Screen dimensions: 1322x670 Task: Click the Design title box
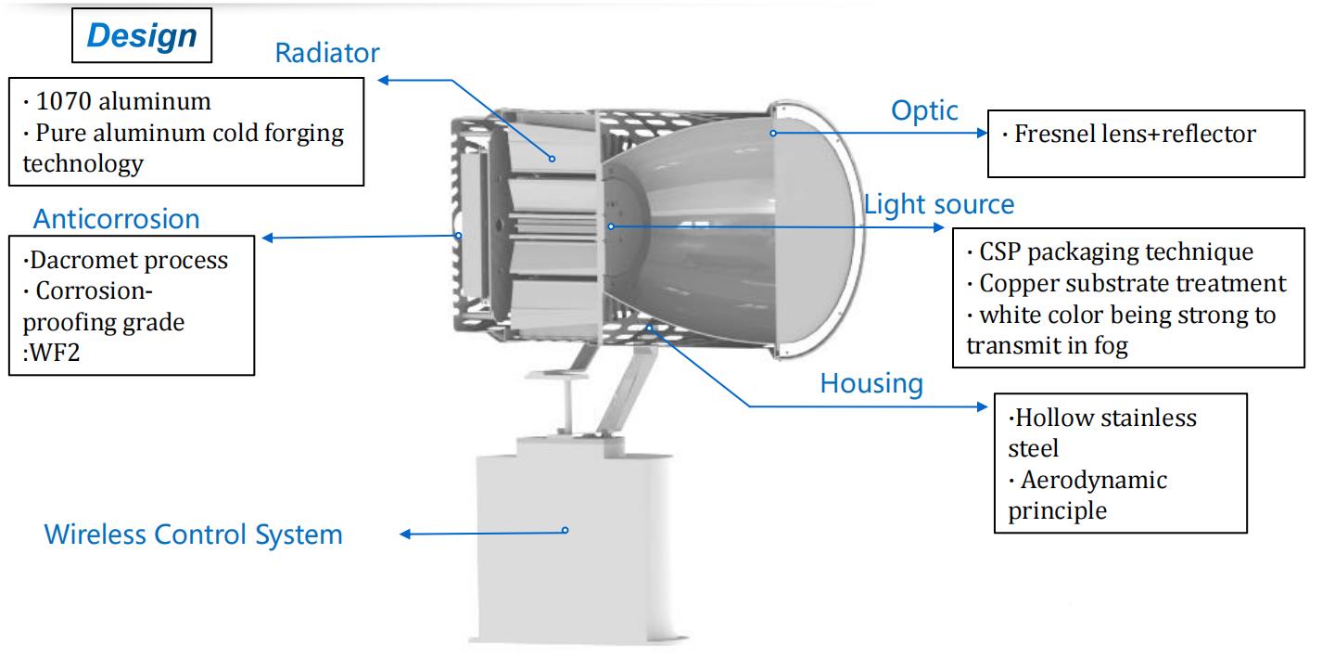(x=142, y=35)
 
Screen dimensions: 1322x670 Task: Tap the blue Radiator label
(x=327, y=53)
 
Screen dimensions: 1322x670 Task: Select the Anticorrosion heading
(x=116, y=219)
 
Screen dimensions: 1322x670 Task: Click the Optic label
(x=924, y=111)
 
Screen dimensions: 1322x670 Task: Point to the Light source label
(x=939, y=204)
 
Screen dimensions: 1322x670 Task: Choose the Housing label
(x=871, y=383)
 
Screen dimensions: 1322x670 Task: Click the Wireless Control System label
(x=194, y=535)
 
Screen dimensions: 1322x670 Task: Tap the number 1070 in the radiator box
(x=63, y=102)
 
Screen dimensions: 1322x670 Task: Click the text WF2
(x=55, y=353)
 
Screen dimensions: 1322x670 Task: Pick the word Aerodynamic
(x=1094, y=480)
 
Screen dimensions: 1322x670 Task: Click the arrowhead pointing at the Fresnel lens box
(x=982, y=133)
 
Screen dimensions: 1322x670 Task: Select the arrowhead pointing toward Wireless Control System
(x=405, y=535)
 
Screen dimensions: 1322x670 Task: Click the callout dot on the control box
(x=566, y=531)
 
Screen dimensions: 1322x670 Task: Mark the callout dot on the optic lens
(x=773, y=133)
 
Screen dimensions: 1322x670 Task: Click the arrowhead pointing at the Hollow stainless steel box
(x=982, y=406)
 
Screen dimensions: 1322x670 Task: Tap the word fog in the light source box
(x=1111, y=346)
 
